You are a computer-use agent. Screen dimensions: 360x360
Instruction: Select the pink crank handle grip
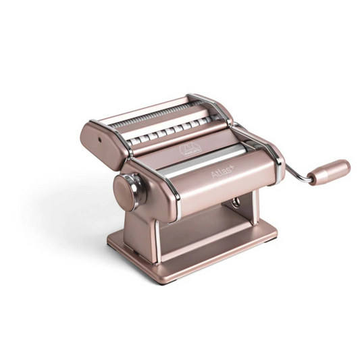tap(330, 170)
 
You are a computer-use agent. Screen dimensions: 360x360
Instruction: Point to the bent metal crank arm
tap(295, 174)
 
